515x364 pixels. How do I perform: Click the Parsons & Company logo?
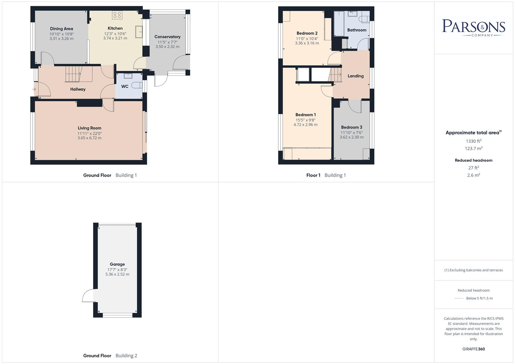pyautogui.click(x=474, y=28)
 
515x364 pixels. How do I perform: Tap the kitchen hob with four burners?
pyautogui.click(x=117, y=15)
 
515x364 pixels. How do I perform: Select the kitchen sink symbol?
pyautogui.click(x=139, y=32)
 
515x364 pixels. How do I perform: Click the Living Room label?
pyautogui.click(x=89, y=128)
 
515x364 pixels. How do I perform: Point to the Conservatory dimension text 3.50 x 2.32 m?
pyautogui.click(x=167, y=47)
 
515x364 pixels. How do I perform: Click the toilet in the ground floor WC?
pyautogui.click(x=137, y=85)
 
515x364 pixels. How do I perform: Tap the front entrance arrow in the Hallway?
pyautogui.click(x=34, y=89)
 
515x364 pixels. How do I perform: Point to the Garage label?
pyautogui.click(x=117, y=264)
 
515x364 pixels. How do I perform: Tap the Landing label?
pyautogui.click(x=355, y=76)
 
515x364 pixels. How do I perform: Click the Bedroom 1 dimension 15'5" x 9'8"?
pyautogui.click(x=306, y=120)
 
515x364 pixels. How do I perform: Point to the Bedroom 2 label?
pyautogui.click(x=307, y=33)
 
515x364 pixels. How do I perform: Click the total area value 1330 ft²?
pyautogui.click(x=474, y=141)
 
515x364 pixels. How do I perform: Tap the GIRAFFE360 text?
pyautogui.click(x=474, y=349)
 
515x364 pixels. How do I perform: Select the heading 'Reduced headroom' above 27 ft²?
pyautogui.click(x=474, y=160)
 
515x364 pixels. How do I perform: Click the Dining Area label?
pyautogui.click(x=61, y=29)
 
